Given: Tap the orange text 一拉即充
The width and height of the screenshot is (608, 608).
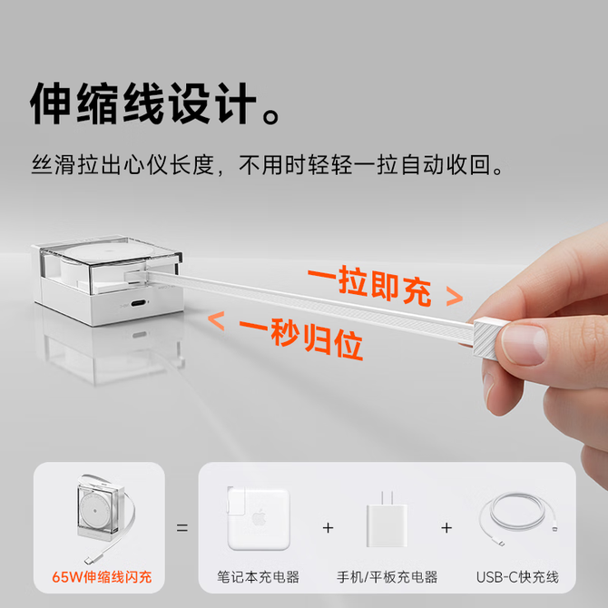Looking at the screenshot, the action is [369, 286].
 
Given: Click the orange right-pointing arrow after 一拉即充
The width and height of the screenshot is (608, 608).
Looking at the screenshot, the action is [455, 297].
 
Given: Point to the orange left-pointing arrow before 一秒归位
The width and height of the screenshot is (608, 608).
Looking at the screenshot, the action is [216, 320].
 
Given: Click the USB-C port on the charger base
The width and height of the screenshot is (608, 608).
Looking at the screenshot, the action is [139, 303].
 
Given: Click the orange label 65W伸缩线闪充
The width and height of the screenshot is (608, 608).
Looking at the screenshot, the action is [102, 577].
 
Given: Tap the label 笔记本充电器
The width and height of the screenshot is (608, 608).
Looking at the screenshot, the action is [259, 577].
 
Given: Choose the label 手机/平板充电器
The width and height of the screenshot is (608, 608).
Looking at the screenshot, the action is [387, 577].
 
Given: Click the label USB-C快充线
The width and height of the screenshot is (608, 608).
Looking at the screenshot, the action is [517, 577].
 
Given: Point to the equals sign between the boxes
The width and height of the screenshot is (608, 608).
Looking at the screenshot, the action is [181, 528].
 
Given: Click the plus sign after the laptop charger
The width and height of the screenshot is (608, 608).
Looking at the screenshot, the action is [328, 528].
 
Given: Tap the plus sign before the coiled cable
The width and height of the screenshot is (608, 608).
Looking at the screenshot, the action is [446, 528].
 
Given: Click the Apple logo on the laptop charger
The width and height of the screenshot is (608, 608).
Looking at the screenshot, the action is [260, 518].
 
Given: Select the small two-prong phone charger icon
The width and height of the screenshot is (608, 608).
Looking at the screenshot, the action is [387, 520].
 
